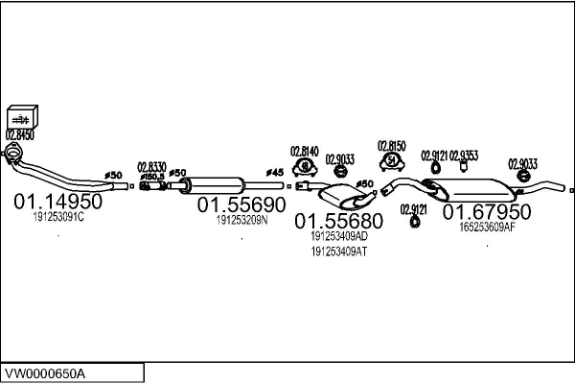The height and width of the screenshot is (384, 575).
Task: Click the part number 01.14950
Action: coord(57,203)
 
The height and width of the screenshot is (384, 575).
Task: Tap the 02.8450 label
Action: coord(20,135)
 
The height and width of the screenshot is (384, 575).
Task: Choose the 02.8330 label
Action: coord(151,166)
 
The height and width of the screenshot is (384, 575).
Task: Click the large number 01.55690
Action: coord(241,205)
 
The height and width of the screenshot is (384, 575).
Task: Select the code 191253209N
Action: coord(241,220)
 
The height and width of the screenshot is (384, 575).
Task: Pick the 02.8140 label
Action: coord(304,151)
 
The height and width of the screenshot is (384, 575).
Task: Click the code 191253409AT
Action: coord(338,252)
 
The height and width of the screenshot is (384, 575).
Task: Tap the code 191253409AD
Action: coord(338,235)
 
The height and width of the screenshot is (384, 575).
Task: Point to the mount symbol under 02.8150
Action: coord(392,160)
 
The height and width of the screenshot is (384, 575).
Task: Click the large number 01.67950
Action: coord(486,211)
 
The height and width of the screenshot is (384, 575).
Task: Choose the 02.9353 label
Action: coord(464,155)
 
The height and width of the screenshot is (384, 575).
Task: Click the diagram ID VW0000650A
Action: coord(45,372)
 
